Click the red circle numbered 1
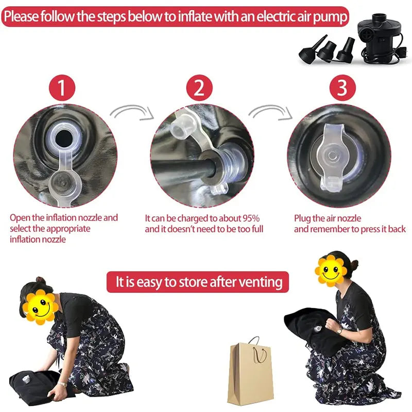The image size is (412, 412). [x=62, y=88]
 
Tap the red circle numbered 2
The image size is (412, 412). [x=199, y=88]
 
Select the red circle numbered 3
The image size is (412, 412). [x=342, y=88]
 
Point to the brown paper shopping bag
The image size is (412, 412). [x=250, y=373]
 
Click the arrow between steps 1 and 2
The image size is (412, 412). [x=131, y=109]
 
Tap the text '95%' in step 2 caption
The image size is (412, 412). [x=251, y=218]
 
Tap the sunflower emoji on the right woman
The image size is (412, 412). [x=331, y=270]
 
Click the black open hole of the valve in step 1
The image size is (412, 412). [x=64, y=139]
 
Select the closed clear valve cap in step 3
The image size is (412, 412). [x=332, y=157]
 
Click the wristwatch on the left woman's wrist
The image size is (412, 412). [x=62, y=384]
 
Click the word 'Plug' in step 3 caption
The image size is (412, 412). [x=302, y=218]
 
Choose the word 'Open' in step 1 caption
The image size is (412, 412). [x=20, y=218]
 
